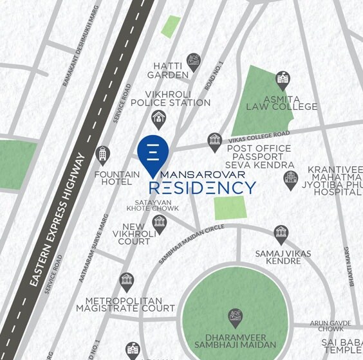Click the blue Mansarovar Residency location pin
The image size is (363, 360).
pyautogui.click(x=153, y=154)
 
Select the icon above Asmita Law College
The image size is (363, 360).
pyautogui.click(x=282, y=80)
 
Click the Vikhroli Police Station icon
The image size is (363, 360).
pyautogui.click(x=158, y=118)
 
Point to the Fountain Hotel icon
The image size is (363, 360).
pyautogui.click(x=102, y=155)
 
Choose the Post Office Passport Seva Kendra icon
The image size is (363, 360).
pyautogui.click(x=214, y=141)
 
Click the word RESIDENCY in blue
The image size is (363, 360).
pyautogui.click(x=202, y=188)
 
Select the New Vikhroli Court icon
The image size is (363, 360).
pyautogui.click(x=159, y=222)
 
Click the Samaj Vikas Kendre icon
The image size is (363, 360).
pyautogui.click(x=281, y=233)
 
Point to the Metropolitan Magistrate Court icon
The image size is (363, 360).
pyautogui.click(x=127, y=281)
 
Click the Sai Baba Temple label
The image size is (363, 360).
pyautogui.click(x=342, y=345)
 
